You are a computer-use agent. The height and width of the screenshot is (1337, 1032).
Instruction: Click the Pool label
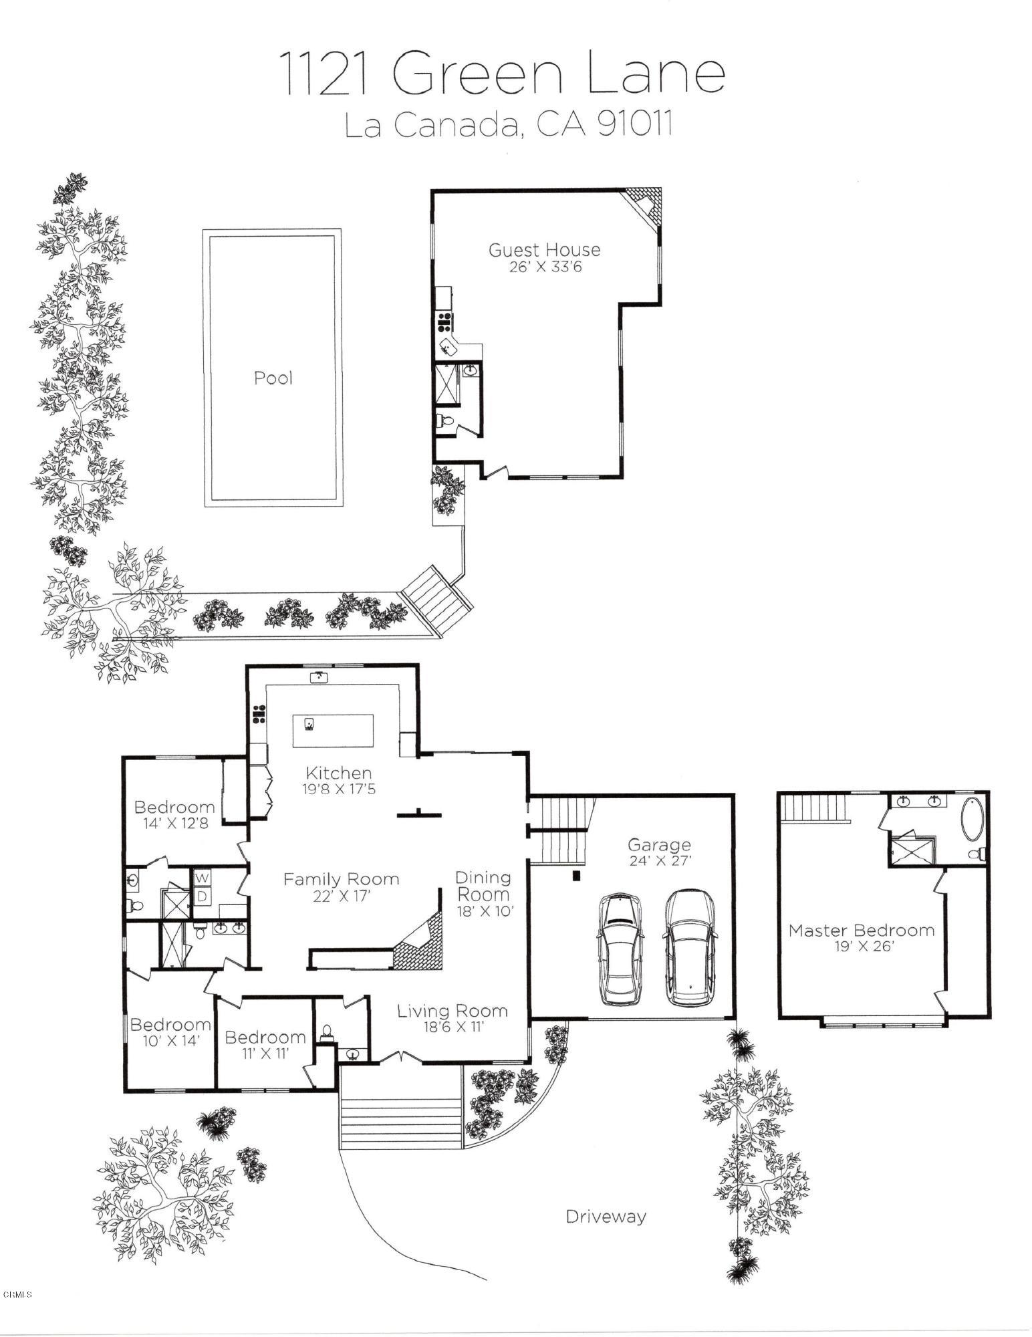pyautogui.click(x=273, y=378)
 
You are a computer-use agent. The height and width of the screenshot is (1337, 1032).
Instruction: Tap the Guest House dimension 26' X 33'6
pyautogui.click(x=543, y=267)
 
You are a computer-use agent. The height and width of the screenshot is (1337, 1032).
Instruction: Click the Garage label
pyautogui.click(x=658, y=845)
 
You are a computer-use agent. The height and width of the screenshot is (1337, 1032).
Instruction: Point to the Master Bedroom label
pyautogui.click(x=861, y=930)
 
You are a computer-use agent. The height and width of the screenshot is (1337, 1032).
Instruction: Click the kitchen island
pyautogui.click(x=333, y=731)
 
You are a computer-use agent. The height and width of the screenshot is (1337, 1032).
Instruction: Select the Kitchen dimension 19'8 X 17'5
pyautogui.click(x=338, y=789)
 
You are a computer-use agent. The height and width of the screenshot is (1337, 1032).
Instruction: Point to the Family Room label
pyautogui.click(x=341, y=879)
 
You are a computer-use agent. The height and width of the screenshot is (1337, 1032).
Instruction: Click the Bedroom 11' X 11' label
pyautogui.click(x=265, y=1038)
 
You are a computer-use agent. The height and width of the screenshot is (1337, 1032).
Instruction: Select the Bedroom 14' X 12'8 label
pyautogui.click(x=174, y=807)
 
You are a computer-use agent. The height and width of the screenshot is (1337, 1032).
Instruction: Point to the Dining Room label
pyautogui.click(x=483, y=886)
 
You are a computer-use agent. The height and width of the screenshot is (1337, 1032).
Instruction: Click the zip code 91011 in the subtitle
pyautogui.click(x=634, y=124)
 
